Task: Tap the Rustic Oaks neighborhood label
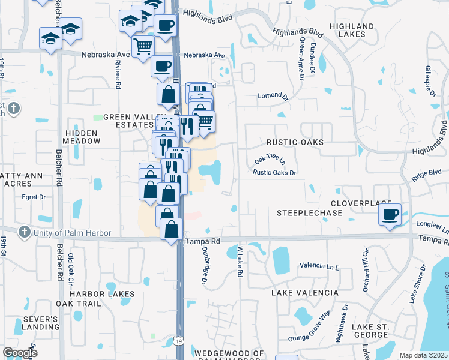[295, 142]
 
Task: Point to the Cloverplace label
[361, 204]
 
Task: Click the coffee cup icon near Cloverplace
[390, 214]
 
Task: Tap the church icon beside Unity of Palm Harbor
[24, 232]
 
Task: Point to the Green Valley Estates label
[128, 121]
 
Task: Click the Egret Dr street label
[34, 196]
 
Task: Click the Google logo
[20, 353]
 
